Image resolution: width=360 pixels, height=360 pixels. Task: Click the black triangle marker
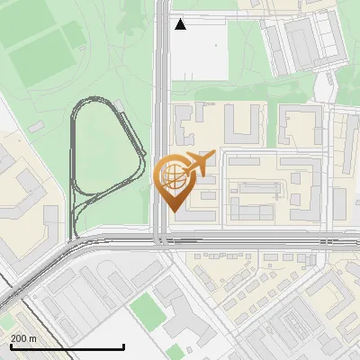(x=180, y=24)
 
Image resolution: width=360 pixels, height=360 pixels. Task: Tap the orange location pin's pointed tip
(x=172, y=211)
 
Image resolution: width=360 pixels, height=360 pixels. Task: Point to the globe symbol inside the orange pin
(x=172, y=176)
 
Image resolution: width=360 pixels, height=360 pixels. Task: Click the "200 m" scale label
(x=23, y=337)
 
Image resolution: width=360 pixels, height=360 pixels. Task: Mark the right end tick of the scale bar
(x=123, y=346)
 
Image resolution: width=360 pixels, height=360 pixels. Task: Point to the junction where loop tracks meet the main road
(x=76, y=238)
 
